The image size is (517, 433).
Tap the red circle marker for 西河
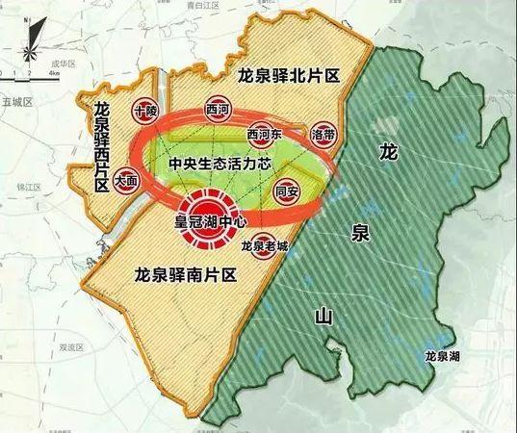click(220, 112)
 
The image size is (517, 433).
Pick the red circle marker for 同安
click(287, 190)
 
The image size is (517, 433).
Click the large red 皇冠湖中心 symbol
click(211, 215)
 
